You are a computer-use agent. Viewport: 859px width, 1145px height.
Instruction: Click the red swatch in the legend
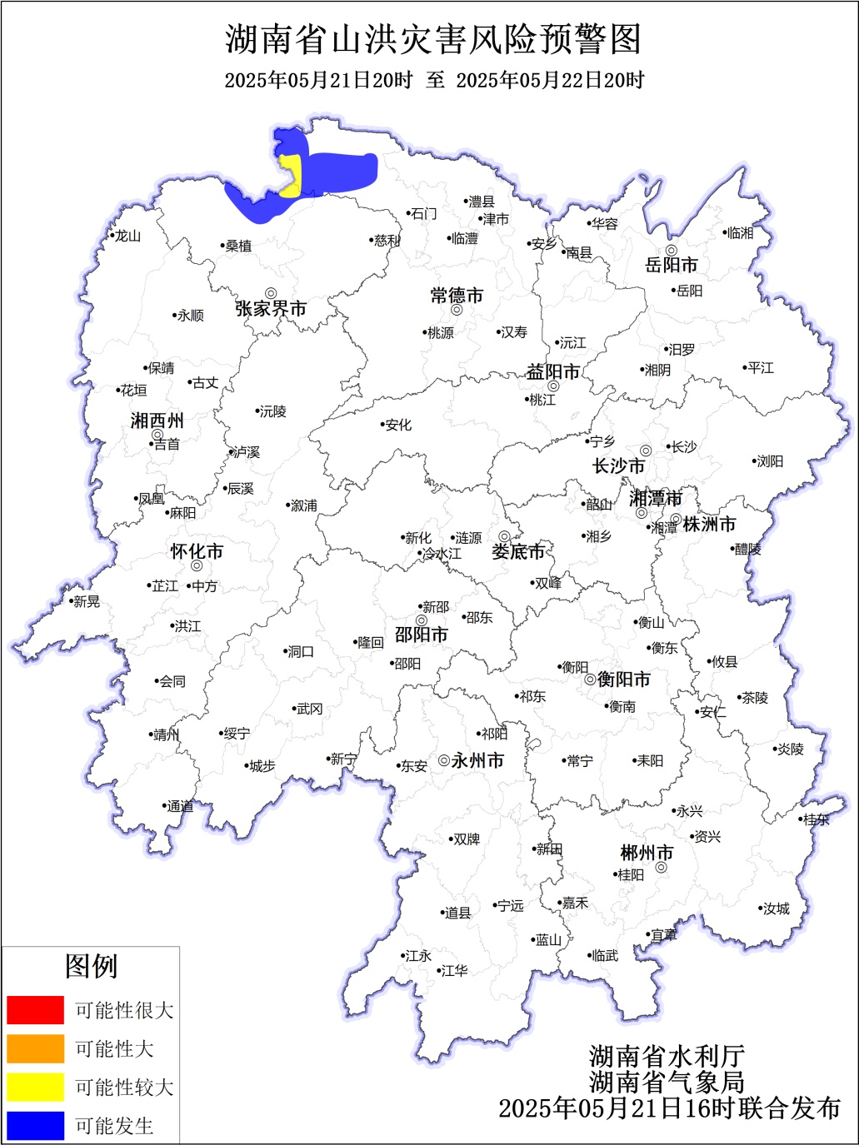[x=35, y=1009]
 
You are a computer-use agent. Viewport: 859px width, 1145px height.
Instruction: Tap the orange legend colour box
[x=35, y=1048]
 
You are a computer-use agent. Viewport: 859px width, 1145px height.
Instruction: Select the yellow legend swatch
[x=35, y=1087]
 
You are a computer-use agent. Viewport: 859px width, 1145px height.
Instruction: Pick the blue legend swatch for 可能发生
[x=35, y=1125]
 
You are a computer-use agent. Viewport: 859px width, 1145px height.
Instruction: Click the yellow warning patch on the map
[x=291, y=175]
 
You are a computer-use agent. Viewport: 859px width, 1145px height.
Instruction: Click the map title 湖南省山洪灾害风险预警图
[x=433, y=39]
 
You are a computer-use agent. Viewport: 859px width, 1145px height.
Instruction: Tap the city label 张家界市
[x=271, y=309]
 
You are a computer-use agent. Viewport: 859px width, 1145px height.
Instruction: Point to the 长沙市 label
[x=618, y=466]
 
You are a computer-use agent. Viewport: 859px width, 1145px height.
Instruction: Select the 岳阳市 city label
[x=672, y=266]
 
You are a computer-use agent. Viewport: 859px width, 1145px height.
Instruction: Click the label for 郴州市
[x=647, y=854]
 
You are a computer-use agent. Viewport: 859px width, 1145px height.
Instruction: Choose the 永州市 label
[x=477, y=760]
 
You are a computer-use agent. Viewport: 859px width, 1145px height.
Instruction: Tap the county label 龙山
[x=127, y=236]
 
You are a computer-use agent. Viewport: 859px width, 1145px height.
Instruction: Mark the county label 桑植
[x=238, y=246]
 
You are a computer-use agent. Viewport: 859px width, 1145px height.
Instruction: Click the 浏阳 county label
[x=769, y=461]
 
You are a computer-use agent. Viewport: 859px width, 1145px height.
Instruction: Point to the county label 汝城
[x=776, y=909]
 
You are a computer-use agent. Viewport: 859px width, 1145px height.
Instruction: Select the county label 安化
[x=398, y=425]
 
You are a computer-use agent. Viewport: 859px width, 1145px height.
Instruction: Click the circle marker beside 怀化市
[x=197, y=565]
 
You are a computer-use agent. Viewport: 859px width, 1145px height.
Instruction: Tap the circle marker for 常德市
[x=457, y=310]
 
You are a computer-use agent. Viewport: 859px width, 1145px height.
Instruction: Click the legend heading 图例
[x=91, y=967]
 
